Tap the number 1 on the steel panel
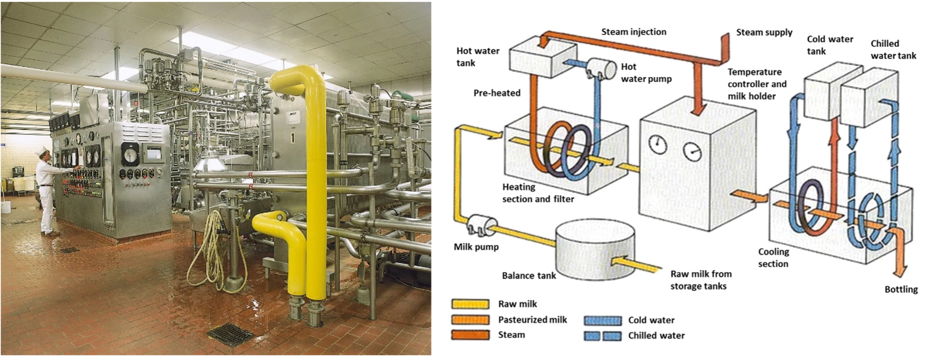(293, 138)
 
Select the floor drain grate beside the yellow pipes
(231, 335)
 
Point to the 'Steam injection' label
(634, 32)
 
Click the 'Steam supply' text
(764, 32)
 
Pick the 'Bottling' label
(901, 289)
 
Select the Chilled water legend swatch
(602, 336)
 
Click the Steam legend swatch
(470, 335)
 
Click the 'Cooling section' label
(774, 258)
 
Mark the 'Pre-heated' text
(497, 93)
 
